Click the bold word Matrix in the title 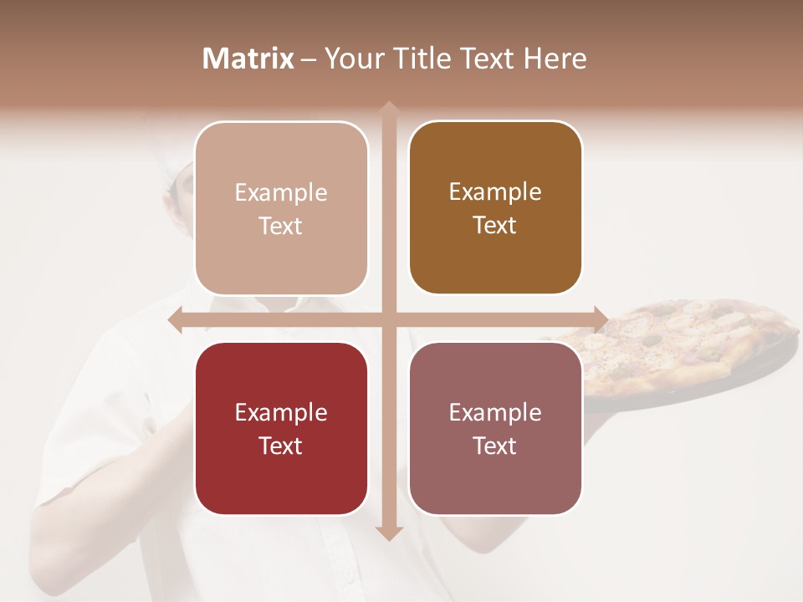pyautogui.click(x=248, y=59)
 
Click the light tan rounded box pyautogui.click(x=281, y=208)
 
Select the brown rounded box pyautogui.click(x=495, y=207)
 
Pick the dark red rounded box pyautogui.click(x=281, y=428)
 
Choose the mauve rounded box pyautogui.click(x=495, y=428)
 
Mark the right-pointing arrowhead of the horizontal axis pyautogui.click(x=601, y=319)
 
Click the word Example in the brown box pyautogui.click(x=495, y=191)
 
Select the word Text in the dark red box pyautogui.click(x=281, y=446)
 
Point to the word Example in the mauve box pyautogui.click(x=495, y=412)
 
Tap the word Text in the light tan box pyautogui.click(x=281, y=226)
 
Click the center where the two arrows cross pyautogui.click(x=388, y=319)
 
